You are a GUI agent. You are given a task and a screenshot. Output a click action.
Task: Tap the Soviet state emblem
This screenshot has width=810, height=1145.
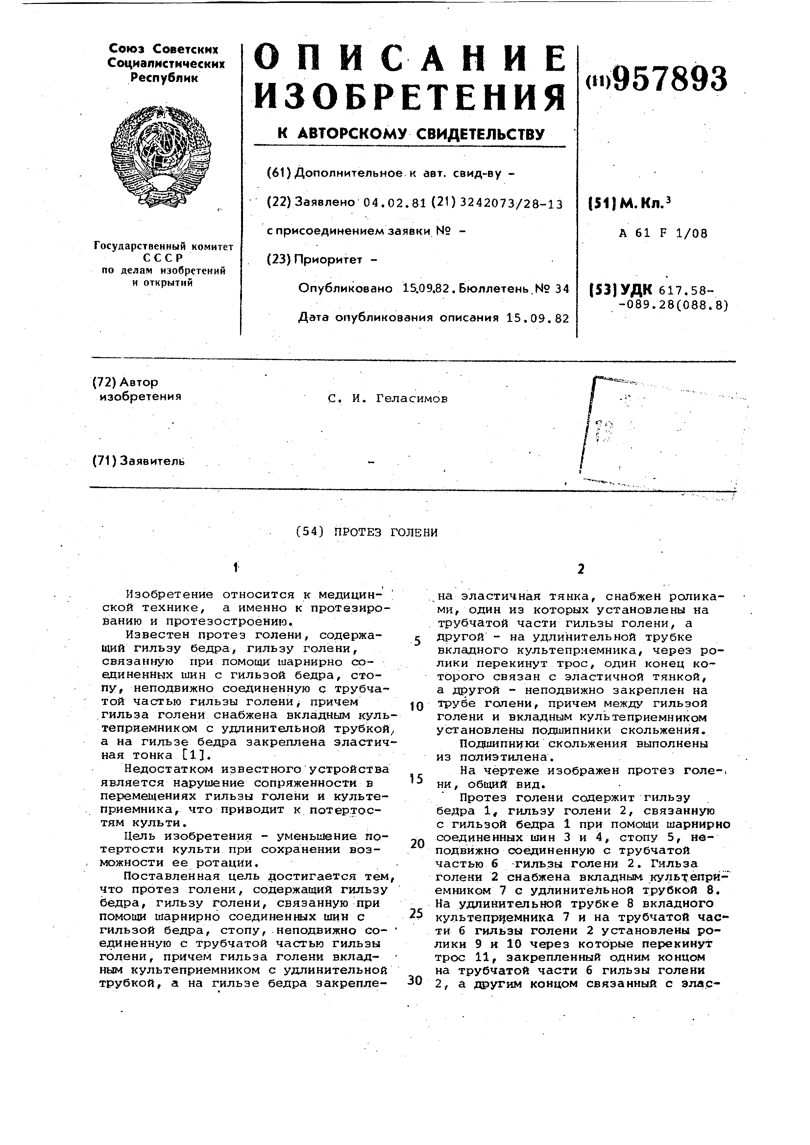161,156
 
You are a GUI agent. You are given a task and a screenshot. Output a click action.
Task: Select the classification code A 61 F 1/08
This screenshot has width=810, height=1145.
663,233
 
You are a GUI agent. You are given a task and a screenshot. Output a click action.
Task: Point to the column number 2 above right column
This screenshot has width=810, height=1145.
581,569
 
